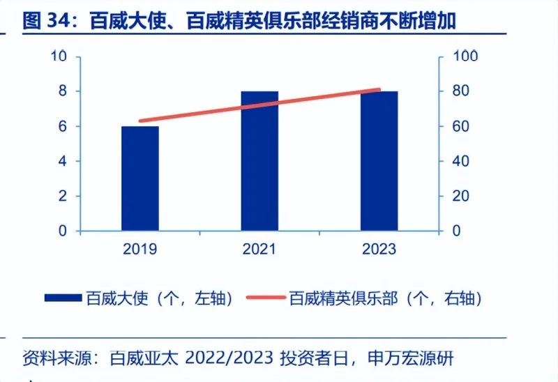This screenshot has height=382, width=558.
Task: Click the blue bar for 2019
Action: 139,178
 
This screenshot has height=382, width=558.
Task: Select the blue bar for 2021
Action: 259,160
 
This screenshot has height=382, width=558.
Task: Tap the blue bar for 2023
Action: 379,160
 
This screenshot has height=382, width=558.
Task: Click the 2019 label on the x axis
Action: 139,249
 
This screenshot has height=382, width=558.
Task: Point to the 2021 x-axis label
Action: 259,249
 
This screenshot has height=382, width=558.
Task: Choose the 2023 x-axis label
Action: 379,249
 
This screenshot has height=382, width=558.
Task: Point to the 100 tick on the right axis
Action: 465,56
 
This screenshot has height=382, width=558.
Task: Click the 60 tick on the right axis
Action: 462,126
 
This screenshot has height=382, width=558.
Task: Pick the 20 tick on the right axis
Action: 462,196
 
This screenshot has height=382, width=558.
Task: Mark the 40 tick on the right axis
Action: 462,161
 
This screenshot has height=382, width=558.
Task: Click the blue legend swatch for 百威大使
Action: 63,298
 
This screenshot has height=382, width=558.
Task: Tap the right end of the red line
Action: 379,89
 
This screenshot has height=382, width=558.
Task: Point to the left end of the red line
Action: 140,121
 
